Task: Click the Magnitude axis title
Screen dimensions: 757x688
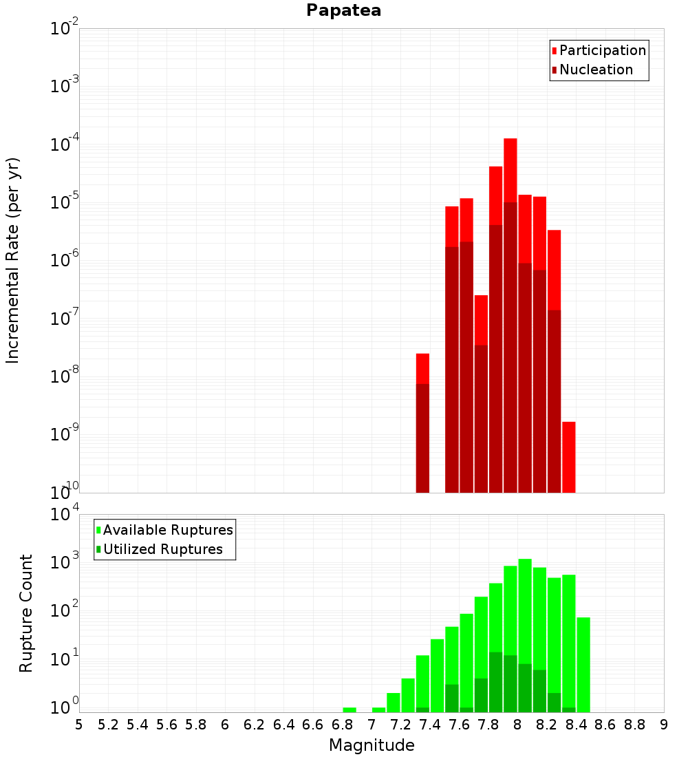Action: point(372,745)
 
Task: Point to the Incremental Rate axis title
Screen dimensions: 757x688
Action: point(13,260)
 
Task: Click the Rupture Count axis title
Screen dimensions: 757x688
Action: point(26,612)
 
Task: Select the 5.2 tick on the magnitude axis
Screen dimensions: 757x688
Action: point(109,725)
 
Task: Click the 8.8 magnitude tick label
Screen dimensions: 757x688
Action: point(635,725)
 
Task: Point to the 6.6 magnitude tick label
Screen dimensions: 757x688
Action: point(313,725)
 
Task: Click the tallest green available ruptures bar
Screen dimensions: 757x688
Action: point(525,619)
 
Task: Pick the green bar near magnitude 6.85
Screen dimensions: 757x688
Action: point(350,710)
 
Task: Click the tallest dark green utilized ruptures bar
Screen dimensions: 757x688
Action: point(495,681)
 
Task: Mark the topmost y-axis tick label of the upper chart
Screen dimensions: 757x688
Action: point(65,28)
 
